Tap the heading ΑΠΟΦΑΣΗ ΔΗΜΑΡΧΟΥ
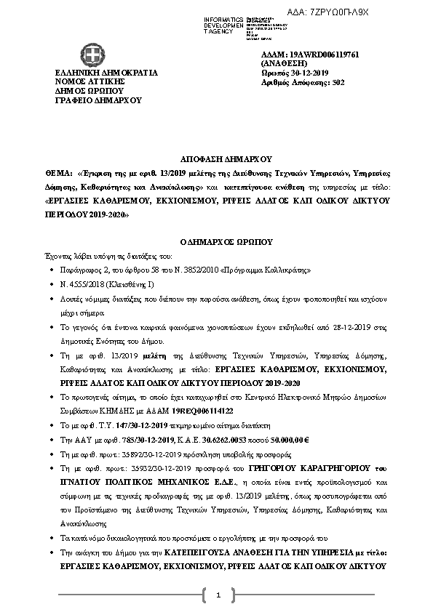[216, 158]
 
